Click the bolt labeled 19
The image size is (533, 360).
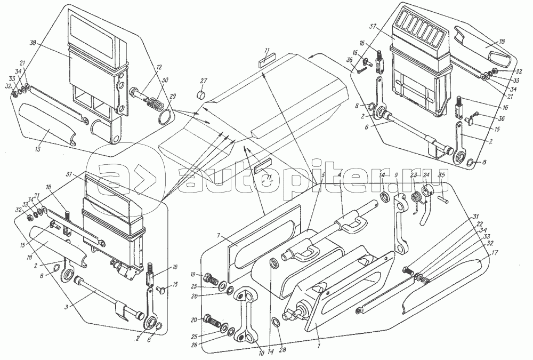tap(209, 279)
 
